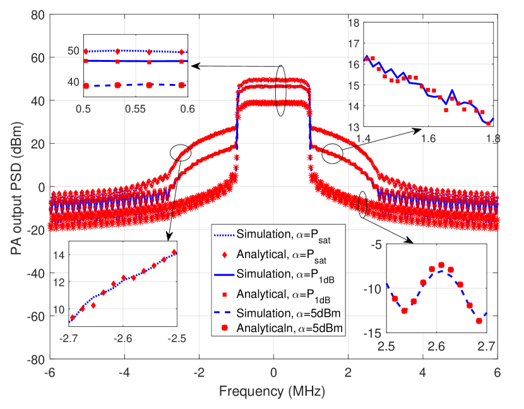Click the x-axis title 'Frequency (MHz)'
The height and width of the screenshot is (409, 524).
tap(273, 391)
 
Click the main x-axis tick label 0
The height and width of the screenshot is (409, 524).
tap(274, 372)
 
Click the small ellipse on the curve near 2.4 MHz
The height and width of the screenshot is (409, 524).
tap(363, 204)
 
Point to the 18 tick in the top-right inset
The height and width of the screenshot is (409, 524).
tap(354, 23)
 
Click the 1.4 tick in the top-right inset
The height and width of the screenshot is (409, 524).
tap(364, 137)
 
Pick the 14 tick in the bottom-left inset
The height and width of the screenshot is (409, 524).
tap(59, 255)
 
